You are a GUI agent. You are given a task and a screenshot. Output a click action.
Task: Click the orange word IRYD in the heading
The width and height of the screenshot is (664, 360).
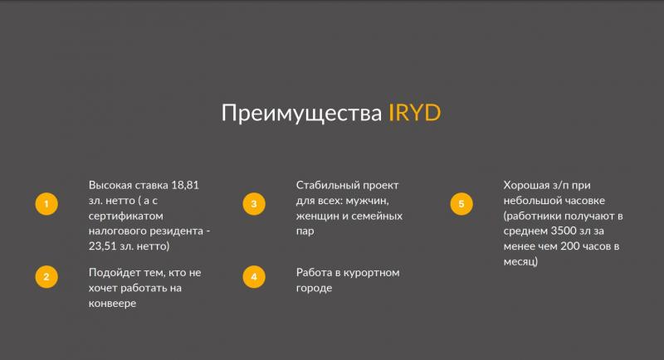[x=414, y=113]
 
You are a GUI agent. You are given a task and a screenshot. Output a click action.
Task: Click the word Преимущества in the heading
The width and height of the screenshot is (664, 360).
[x=301, y=114]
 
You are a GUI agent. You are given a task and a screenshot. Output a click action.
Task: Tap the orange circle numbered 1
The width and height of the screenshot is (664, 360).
[x=46, y=204]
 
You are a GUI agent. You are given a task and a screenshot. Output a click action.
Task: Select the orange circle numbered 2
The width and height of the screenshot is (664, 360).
[x=46, y=277]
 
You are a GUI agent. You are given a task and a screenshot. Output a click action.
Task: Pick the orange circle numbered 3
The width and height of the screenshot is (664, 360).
[x=254, y=204]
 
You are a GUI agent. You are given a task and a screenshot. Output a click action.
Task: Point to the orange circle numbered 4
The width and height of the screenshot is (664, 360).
[x=254, y=277]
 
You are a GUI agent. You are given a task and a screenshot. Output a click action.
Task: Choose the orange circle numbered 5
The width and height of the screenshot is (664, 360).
[x=461, y=204]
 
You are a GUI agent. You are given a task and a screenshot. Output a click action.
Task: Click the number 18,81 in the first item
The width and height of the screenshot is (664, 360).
[x=185, y=185]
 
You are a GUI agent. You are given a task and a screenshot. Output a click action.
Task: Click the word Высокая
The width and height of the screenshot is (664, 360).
[x=110, y=185]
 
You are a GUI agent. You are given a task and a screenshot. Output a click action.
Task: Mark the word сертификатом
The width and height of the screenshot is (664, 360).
[x=126, y=216]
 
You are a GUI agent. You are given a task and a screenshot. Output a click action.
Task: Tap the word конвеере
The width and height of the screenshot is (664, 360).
[x=112, y=304]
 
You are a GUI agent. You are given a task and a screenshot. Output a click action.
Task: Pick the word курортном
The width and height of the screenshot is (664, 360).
[x=371, y=273]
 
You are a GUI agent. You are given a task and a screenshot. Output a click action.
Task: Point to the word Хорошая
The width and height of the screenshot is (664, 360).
[x=526, y=185]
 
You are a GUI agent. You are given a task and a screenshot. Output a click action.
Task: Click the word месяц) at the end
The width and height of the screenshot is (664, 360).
[x=520, y=262]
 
